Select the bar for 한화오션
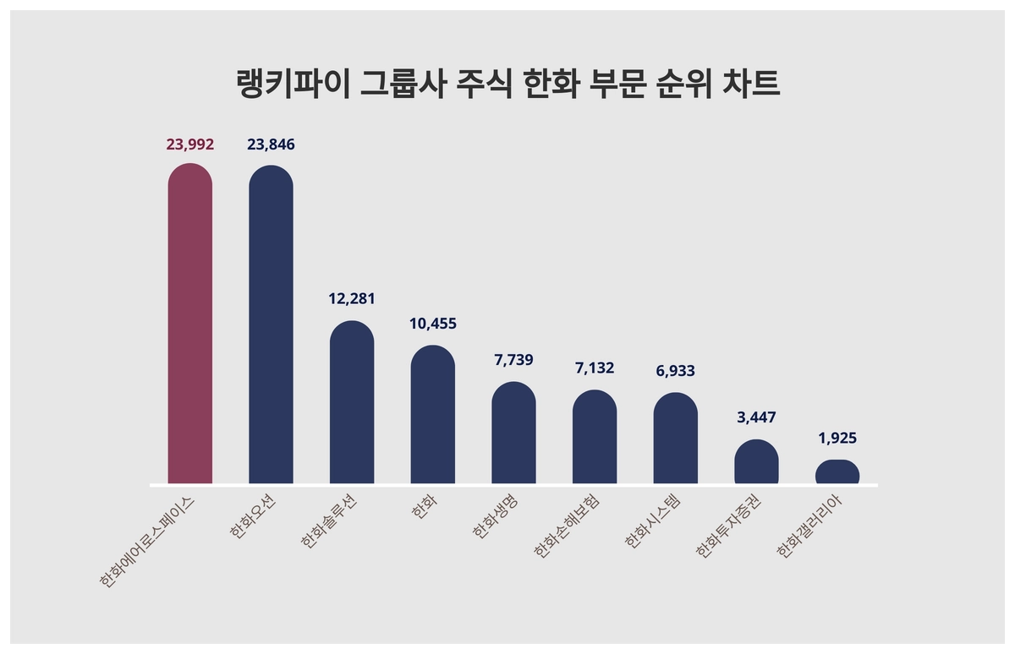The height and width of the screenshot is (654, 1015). pyautogui.click(x=271, y=324)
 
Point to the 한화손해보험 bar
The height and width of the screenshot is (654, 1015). pyautogui.click(x=595, y=437)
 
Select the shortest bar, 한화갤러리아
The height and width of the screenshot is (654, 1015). pyautogui.click(x=837, y=471)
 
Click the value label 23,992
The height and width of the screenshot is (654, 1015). pyautogui.click(x=190, y=144)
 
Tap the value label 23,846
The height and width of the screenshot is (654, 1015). pyautogui.click(x=271, y=144)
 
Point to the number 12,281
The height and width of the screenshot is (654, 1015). pyautogui.click(x=352, y=299)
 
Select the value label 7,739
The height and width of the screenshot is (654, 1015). pyautogui.click(x=513, y=360)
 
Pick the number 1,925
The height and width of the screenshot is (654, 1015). pyautogui.click(x=837, y=439)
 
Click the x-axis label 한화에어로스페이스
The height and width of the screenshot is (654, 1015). pyautogui.click(x=148, y=539)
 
